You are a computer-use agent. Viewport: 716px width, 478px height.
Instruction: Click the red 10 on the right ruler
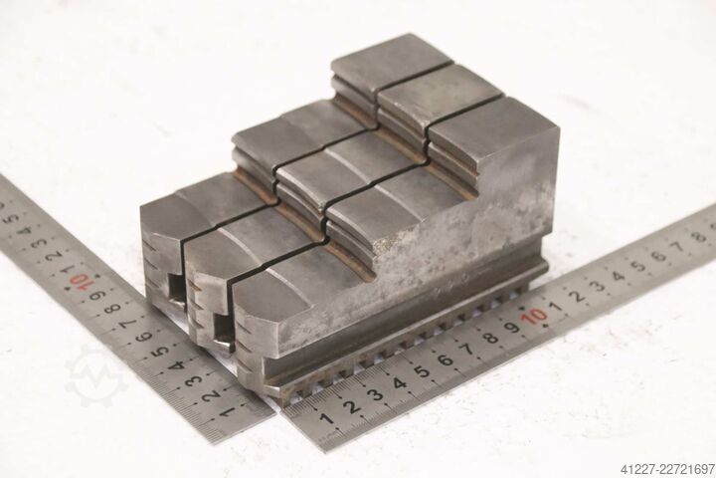click(535, 316)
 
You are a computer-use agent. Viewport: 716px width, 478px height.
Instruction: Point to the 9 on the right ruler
click(512, 327)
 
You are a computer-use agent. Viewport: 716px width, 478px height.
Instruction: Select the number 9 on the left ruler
click(96, 295)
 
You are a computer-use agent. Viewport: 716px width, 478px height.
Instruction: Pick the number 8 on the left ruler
click(112, 309)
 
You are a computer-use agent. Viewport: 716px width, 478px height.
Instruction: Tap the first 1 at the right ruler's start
click(325, 418)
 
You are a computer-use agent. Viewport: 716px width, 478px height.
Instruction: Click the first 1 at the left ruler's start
click(227, 411)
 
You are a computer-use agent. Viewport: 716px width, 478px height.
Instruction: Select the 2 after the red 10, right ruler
click(577, 296)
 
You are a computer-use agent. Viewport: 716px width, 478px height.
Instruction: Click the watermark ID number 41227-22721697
click(667, 469)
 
